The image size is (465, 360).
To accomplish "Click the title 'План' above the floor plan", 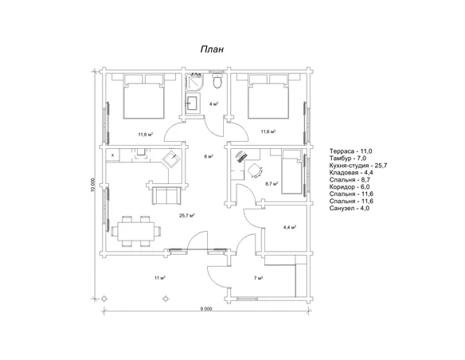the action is tap(212, 49).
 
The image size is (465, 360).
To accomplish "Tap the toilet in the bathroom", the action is tap(217, 80).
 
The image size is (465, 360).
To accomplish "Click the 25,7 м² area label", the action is tap(187, 216).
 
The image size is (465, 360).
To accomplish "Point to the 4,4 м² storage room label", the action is tap(290, 228).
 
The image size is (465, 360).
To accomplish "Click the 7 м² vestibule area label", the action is tap(259, 278).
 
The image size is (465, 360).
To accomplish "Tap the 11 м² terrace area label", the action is tap(159, 278).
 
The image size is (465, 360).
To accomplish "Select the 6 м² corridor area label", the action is tap(209, 156).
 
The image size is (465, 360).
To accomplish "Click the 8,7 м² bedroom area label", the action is tap(272, 184).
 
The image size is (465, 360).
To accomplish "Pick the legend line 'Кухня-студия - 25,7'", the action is tap(358, 166).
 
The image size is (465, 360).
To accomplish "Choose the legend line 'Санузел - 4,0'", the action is tap(350, 208).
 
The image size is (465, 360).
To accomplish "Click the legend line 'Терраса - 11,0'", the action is tap(351, 151).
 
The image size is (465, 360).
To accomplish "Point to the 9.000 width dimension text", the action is tap(206, 309).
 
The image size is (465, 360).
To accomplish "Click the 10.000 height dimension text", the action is tap(93, 186).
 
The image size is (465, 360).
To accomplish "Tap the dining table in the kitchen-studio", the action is tap(136, 232).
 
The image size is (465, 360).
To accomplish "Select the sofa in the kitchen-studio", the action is tap(166, 195).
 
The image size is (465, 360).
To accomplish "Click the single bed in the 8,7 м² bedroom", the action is tap(291, 172).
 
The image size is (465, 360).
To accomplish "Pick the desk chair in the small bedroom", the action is tap(255, 170).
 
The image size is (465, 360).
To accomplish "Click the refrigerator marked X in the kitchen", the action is tap(113, 155).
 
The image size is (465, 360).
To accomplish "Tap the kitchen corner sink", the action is tap(172, 159).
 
